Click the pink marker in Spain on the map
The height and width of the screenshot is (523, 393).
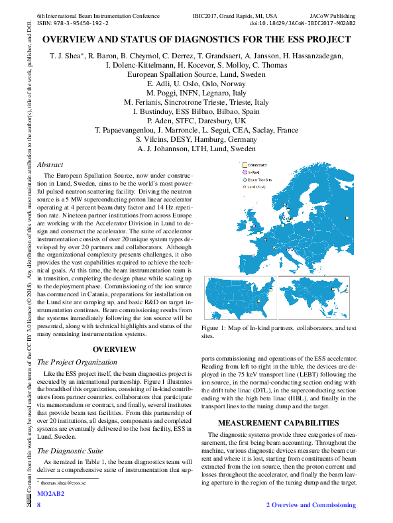253,256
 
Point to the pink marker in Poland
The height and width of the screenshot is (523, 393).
308,229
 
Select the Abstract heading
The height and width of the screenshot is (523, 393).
50,164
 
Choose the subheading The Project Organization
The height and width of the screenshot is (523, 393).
77,363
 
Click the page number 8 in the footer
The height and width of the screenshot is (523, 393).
39,505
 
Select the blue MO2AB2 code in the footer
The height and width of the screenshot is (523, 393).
50,494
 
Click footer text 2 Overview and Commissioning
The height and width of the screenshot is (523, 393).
311,505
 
